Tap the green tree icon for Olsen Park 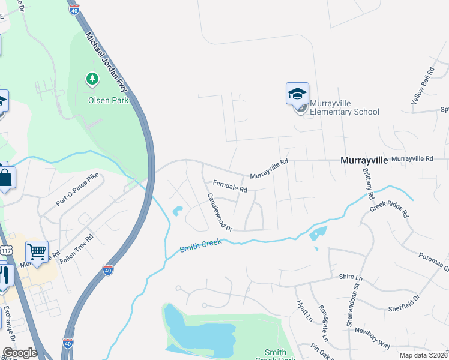click(92, 79)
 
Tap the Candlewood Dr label click(219, 212)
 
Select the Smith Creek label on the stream click(201, 245)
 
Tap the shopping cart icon click(37, 252)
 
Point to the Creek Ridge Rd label click(389, 209)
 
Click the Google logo click(20, 352)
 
